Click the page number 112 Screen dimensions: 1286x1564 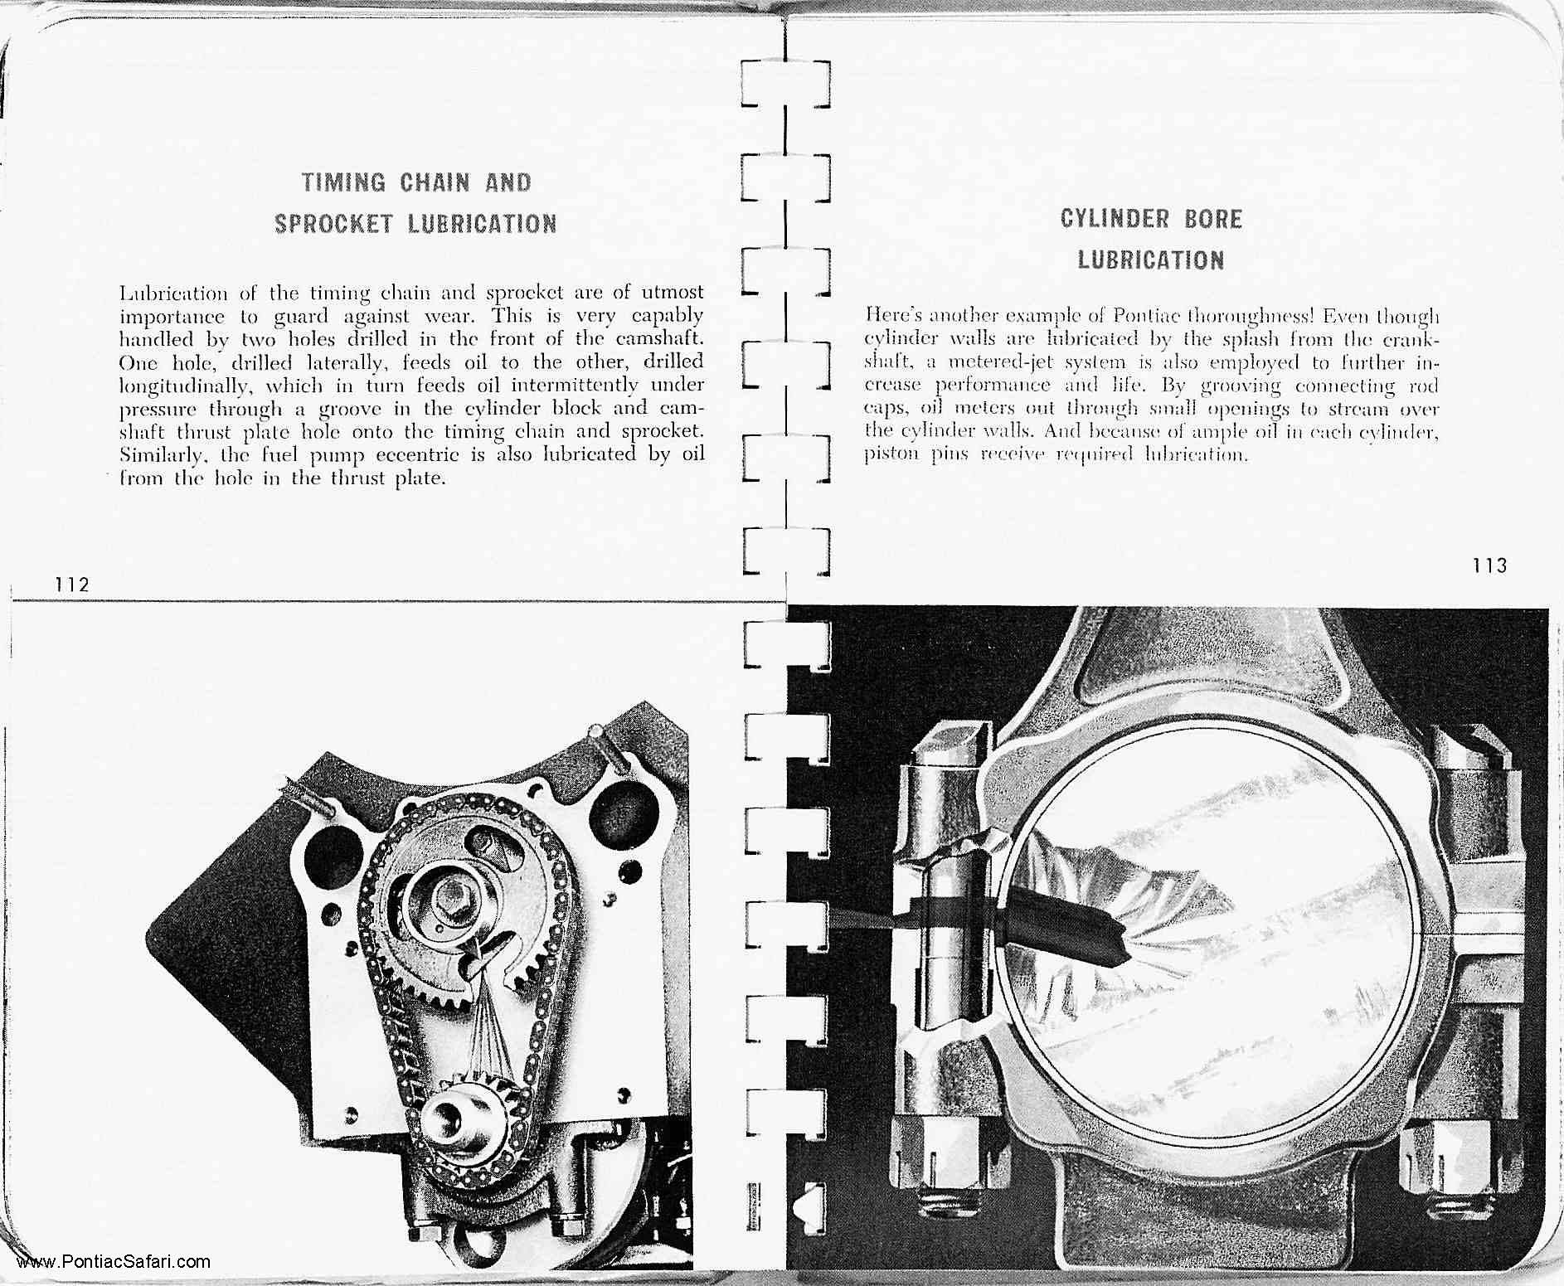point(72,585)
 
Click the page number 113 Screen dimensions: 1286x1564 point(1490,566)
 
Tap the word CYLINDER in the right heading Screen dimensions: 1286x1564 point(1103,220)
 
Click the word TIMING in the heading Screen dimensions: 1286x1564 point(344,182)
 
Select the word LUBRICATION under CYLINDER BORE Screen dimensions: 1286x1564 point(1151,260)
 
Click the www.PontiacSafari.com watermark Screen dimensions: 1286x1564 point(114,1263)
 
